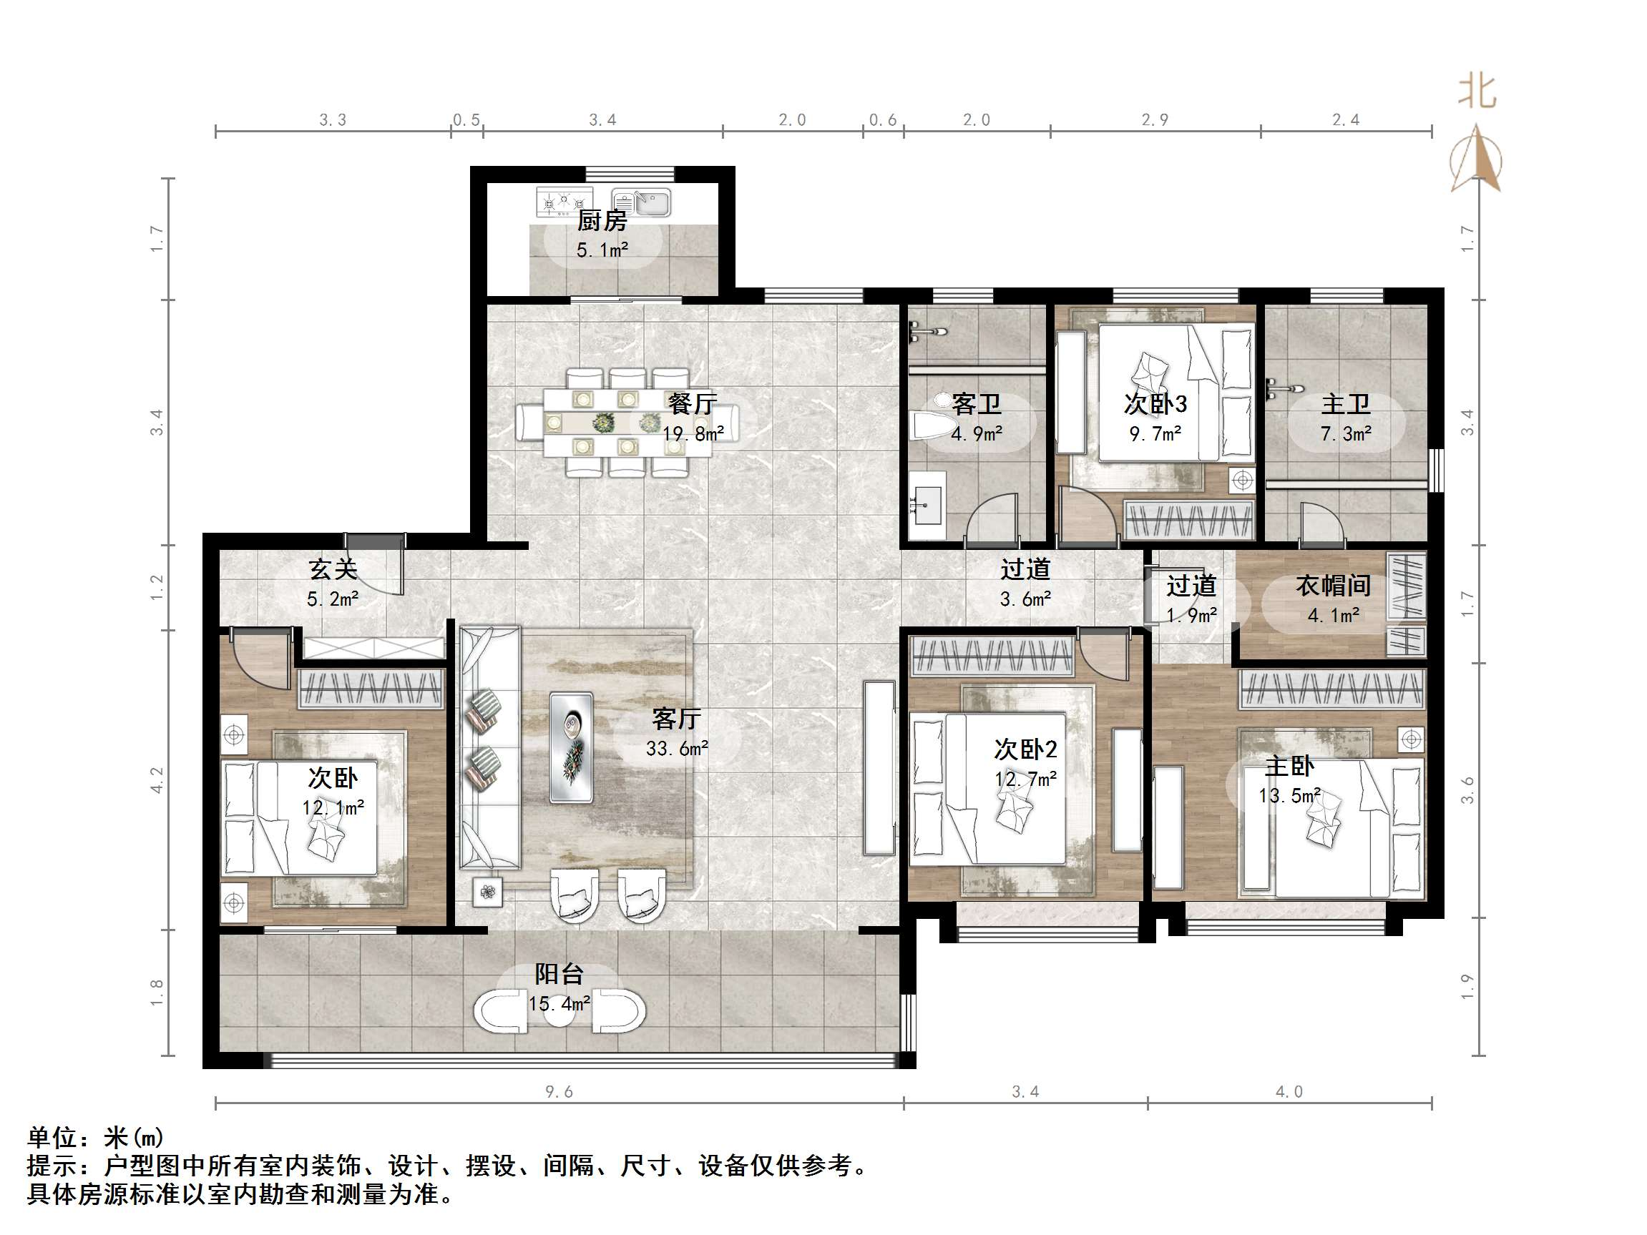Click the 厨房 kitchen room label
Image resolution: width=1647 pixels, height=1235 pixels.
(602, 220)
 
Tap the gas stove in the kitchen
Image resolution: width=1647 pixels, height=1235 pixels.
(564, 202)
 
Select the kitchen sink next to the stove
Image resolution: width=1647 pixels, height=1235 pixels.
(642, 202)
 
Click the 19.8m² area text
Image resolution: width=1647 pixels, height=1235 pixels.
(693, 434)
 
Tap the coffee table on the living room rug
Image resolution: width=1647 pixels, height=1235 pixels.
(571, 747)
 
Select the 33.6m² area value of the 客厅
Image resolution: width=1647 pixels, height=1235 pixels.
(676, 748)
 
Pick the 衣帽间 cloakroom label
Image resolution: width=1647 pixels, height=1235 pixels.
(1333, 586)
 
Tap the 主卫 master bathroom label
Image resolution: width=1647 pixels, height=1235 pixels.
(1346, 404)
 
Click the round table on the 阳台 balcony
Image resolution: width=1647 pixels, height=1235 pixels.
(559, 1011)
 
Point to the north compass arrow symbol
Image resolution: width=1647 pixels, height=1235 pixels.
(1475, 160)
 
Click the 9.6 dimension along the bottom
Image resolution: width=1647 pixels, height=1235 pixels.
(559, 1091)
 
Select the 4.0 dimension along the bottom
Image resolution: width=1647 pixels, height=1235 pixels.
(1289, 1091)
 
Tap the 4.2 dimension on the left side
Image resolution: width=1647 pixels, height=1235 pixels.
(157, 779)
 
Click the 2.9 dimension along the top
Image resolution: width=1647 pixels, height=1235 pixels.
(1155, 120)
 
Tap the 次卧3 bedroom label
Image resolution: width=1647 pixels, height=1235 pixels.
(1155, 404)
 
